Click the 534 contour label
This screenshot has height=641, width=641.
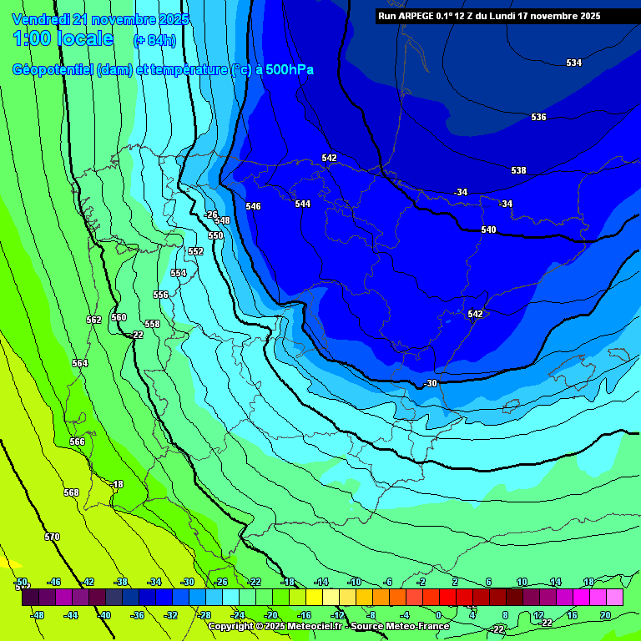coord(573,63)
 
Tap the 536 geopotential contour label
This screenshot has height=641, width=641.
coord(538,118)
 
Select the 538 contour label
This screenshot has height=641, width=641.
coord(518,171)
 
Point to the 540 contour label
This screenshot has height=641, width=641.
coord(488,230)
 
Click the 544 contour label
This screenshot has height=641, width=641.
coord(302,204)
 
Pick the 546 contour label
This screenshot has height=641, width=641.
coord(253,207)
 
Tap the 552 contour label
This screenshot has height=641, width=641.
coord(195,252)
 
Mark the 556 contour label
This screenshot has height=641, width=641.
coord(160,295)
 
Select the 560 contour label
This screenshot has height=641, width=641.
coord(119,317)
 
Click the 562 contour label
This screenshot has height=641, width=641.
coord(93,320)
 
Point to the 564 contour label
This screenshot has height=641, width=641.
coord(79,363)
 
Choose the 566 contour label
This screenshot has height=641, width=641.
coord(77,442)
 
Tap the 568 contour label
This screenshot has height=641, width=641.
coord(71,492)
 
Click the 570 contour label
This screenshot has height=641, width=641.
coord(52,537)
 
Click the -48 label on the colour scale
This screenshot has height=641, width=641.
coord(38,615)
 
